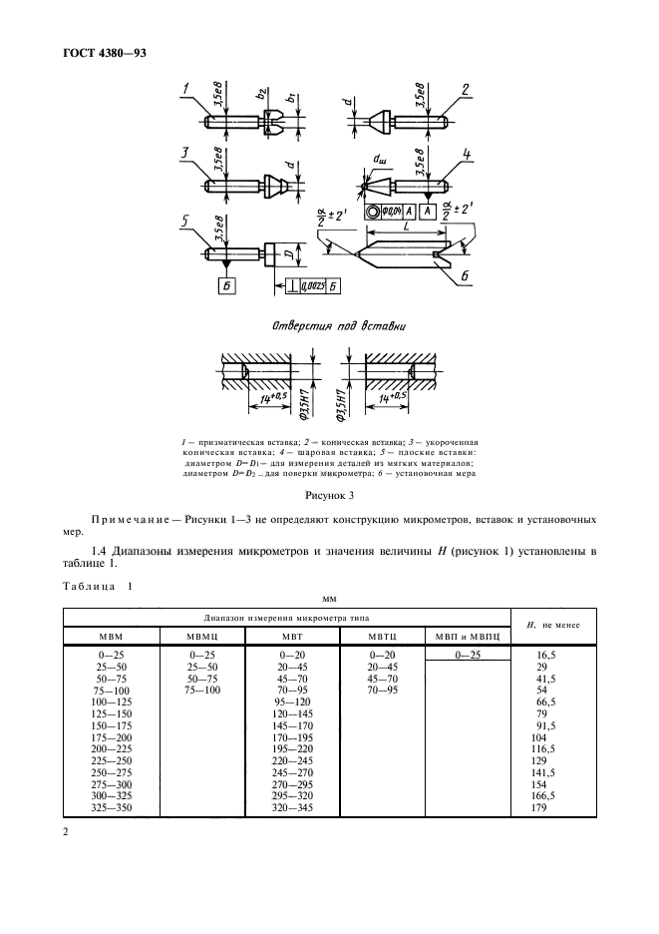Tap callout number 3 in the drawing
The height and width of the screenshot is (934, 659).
pyautogui.click(x=186, y=153)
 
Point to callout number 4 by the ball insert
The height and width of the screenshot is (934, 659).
pyautogui.click(x=466, y=154)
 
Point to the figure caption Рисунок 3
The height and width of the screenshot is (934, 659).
pyautogui.click(x=329, y=494)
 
